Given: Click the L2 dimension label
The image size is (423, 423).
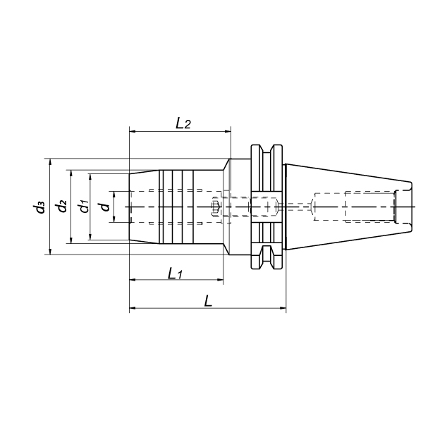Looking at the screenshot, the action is click(x=183, y=123).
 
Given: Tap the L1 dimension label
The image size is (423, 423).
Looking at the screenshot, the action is click(x=176, y=274).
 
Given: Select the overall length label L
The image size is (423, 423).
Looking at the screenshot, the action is click(x=208, y=301).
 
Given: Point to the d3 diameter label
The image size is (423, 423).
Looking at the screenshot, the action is click(x=38, y=207).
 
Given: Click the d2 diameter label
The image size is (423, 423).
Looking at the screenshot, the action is click(x=60, y=206).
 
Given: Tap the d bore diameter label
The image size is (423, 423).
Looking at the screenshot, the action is click(x=104, y=207).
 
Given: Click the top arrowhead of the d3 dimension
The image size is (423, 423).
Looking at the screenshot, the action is click(x=49, y=162).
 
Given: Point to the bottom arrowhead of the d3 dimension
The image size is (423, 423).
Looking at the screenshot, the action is click(x=49, y=251).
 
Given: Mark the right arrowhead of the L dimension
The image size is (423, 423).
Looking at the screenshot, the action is click(x=283, y=308).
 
